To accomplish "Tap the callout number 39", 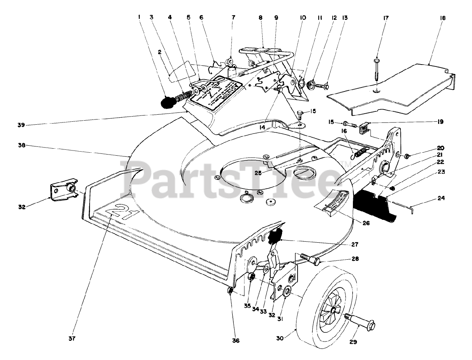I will [x=21, y=125].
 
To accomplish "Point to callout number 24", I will [x=441, y=198].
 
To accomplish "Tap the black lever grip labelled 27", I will [x=275, y=236].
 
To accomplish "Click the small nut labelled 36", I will [x=229, y=291].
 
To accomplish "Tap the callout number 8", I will [x=261, y=17].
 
